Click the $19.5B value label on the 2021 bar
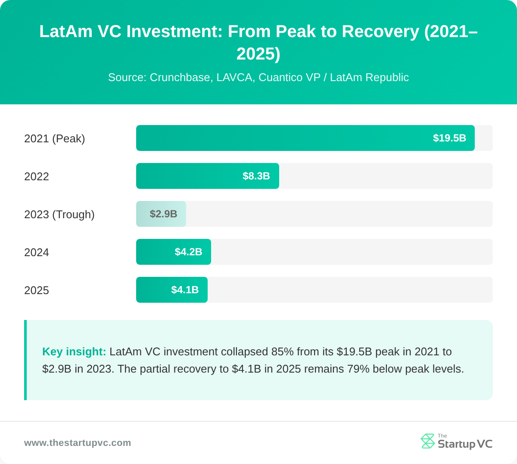tap(449, 138)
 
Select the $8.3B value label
tap(256, 176)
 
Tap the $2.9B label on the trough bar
tap(163, 214)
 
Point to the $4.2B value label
tap(188, 252)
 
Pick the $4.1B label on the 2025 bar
tap(185, 290)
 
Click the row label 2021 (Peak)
tap(55, 138)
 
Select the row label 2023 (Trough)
tap(59, 214)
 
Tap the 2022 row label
tap(37, 176)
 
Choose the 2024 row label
tap(37, 252)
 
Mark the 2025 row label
tap(37, 290)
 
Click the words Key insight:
tap(74, 351)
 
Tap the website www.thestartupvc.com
tap(78, 443)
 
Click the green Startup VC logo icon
tap(428, 441)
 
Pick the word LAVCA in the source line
tap(234, 78)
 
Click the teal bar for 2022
tap(190, 176)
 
